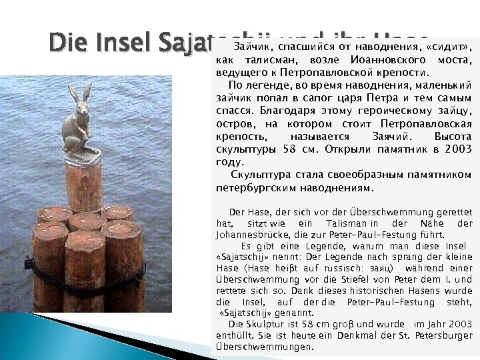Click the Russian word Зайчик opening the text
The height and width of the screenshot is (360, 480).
coord(251,47)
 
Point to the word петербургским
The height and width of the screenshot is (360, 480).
coord(253,187)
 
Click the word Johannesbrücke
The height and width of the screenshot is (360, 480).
coord(247,235)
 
